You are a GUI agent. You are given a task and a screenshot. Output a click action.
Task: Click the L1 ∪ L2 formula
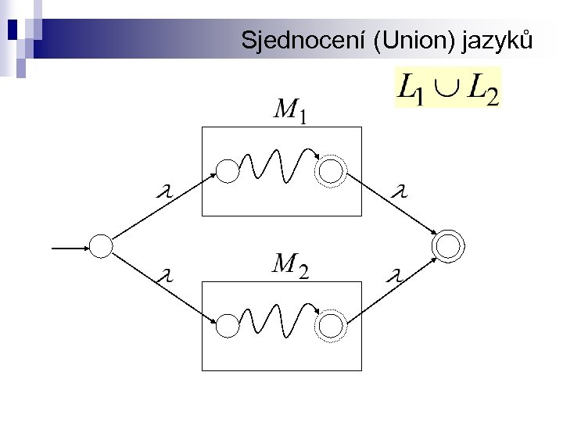click(448, 88)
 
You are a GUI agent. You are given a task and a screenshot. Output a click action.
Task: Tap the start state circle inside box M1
click(227, 171)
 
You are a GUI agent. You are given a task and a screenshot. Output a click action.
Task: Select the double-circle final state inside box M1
click(331, 171)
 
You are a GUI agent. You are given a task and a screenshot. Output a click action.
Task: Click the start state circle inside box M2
click(227, 325)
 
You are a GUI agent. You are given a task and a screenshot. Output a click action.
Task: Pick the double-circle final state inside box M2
click(331, 325)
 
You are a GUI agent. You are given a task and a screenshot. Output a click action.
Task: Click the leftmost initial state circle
click(102, 247)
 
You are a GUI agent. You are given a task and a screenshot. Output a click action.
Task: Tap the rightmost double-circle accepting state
click(450, 246)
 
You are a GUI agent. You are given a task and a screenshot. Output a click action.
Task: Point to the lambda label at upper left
click(164, 191)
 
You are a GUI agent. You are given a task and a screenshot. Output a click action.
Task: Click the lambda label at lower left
click(164, 275)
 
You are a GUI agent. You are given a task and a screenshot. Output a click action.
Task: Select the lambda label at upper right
click(400, 190)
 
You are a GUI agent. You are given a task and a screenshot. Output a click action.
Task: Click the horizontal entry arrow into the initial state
click(70, 248)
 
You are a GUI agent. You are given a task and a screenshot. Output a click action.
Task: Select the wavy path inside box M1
click(274, 165)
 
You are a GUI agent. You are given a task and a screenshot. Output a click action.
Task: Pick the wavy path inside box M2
click(274, 320)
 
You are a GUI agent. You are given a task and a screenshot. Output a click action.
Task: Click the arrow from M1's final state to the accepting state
click(391, 206)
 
